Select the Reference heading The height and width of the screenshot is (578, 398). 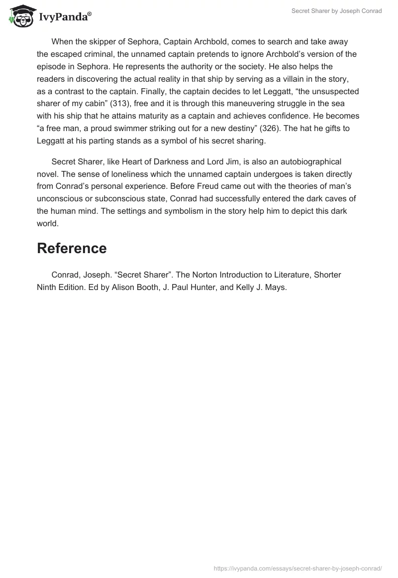tap(72, 248)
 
